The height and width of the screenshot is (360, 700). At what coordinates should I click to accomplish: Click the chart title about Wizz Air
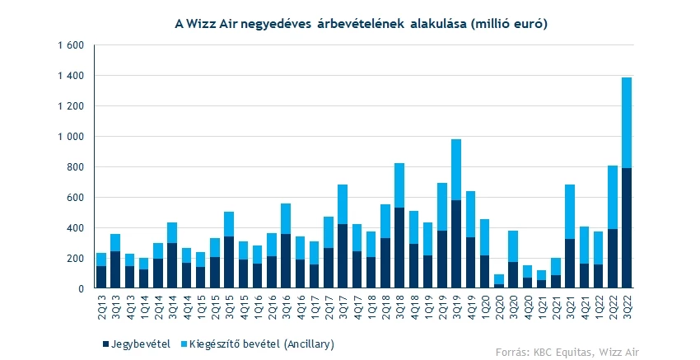coord(362,24)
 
